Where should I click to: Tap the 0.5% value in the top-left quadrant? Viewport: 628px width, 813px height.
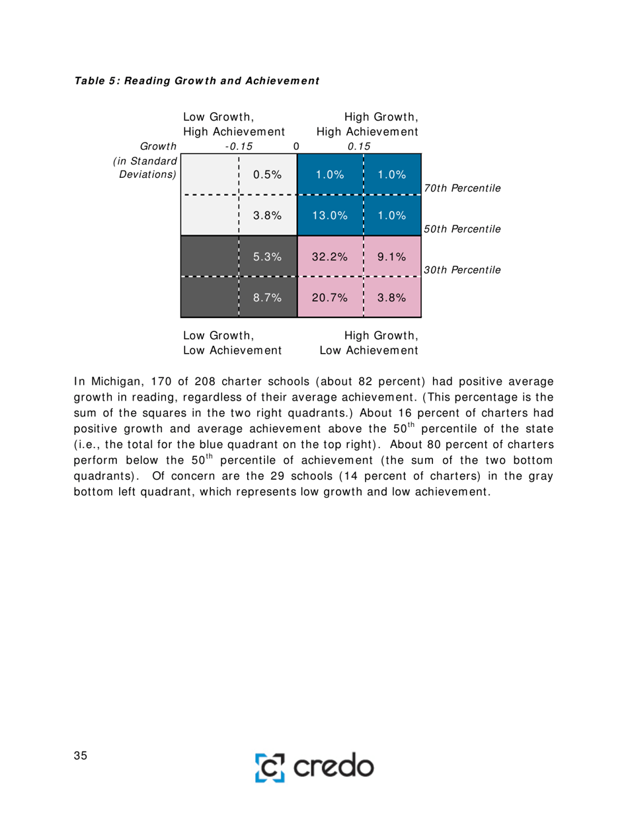pos(268,174)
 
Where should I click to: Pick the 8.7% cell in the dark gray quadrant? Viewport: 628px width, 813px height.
pos(268,297)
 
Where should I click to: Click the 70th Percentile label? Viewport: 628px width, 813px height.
pos(461,188)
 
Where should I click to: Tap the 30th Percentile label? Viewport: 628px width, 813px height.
pos(461,270)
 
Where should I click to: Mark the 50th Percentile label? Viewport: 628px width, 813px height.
pos(461,229)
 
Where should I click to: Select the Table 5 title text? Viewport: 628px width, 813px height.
pos(196,81)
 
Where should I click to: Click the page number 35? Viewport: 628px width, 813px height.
pos(81,757)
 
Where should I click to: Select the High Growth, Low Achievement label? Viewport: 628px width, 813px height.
pos(368,342)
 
